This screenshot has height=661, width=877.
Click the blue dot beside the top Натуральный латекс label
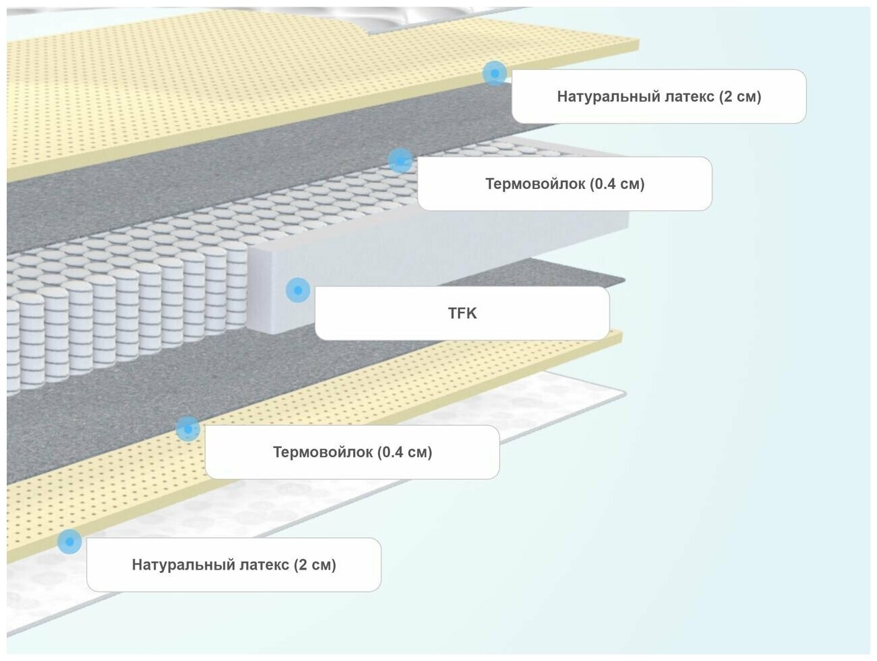coord(494,73)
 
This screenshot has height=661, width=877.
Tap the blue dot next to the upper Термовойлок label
coord(400,161)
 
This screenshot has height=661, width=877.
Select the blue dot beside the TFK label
coord(297,290)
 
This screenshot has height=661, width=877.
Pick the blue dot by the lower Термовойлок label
coord(188,429)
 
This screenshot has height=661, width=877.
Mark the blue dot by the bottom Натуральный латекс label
coord(69,541)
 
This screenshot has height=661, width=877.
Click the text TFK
coord(462,313)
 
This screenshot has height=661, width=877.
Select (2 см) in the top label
coord(740,97)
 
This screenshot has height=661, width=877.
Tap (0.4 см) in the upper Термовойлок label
coord(617,184)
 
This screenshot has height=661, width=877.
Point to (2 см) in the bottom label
coord(315,565)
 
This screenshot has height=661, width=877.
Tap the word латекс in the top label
coord(691,97)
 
